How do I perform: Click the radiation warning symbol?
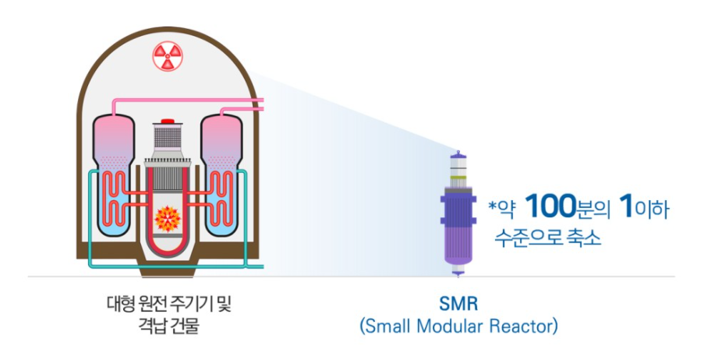point(165,56)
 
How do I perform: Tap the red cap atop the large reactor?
point(165,122)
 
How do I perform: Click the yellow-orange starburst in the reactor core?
point(167,220)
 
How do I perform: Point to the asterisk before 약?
point(492,208)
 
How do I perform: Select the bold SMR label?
point(458,302)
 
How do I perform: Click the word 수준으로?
point(529,237)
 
